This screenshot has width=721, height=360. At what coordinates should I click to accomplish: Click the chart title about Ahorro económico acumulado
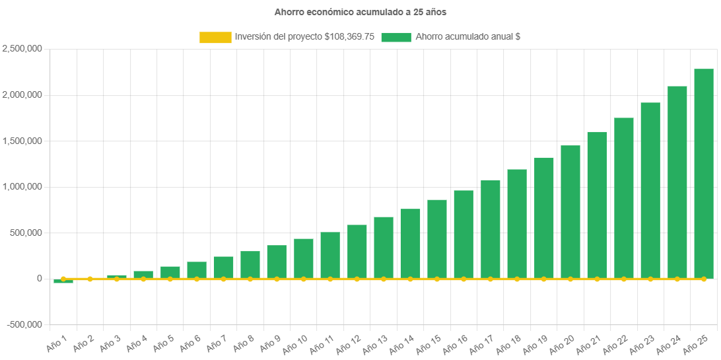360,12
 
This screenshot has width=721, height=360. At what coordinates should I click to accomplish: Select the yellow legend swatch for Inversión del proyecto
215,37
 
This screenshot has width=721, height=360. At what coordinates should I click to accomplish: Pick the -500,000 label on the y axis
24,324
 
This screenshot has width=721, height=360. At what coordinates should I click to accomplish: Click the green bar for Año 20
570,211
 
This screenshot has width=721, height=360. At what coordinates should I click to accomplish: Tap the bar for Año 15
437,238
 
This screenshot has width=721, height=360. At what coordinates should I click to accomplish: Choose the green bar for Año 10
304,258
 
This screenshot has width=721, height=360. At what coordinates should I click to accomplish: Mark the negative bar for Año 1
63,281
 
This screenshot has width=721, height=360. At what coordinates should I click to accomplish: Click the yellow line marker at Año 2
90,279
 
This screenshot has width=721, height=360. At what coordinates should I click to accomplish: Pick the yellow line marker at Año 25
703,279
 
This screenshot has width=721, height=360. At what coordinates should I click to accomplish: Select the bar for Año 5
170,272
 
